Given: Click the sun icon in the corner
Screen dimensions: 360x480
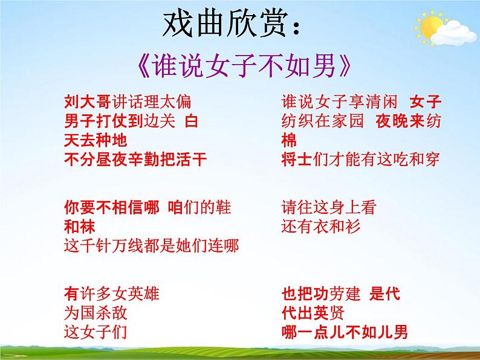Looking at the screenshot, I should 431,27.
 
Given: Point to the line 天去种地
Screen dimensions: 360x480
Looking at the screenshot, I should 96,140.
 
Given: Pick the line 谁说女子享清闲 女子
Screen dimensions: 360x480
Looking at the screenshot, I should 362,101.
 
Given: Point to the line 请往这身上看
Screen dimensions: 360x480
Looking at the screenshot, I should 328,207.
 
